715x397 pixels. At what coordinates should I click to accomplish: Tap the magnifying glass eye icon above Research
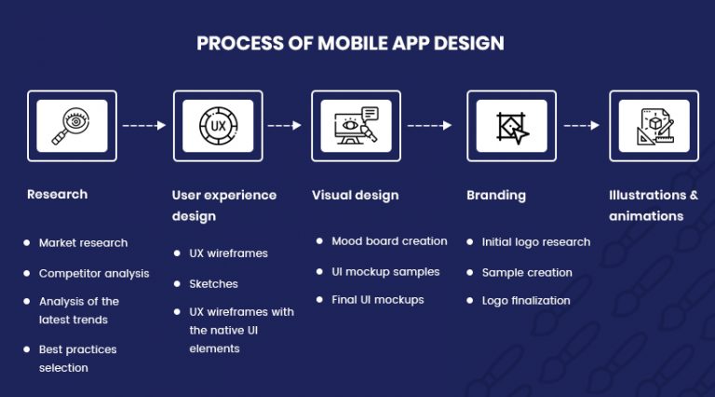[72, 125]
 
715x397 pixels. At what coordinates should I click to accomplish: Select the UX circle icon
[218, 125]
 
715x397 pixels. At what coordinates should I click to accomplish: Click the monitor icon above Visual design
[356, 125]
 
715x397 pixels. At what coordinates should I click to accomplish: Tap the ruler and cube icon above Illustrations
[654, 125]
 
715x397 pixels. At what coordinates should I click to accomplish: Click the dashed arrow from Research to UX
[144, 125]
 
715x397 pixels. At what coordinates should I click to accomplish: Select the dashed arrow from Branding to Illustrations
[582, 125]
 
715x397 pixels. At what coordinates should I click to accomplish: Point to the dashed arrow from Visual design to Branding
[430, 125]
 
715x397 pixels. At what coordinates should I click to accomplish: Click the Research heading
[57, 195]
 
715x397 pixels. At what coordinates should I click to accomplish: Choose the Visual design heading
[355, 196]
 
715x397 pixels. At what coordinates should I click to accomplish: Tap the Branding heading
[495, 196]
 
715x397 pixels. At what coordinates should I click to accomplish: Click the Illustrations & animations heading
[653, 205]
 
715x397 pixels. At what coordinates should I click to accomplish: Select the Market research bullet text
[83, 243]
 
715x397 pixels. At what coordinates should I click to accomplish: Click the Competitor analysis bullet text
[94, 274]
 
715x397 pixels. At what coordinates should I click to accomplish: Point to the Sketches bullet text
[213, 284]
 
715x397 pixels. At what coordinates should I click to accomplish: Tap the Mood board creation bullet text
[389, 241]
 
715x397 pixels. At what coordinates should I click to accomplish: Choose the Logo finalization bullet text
[526, 301]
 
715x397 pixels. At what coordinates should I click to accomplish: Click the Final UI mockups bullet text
[377, 300]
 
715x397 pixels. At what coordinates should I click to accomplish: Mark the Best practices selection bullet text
[77, 359]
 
